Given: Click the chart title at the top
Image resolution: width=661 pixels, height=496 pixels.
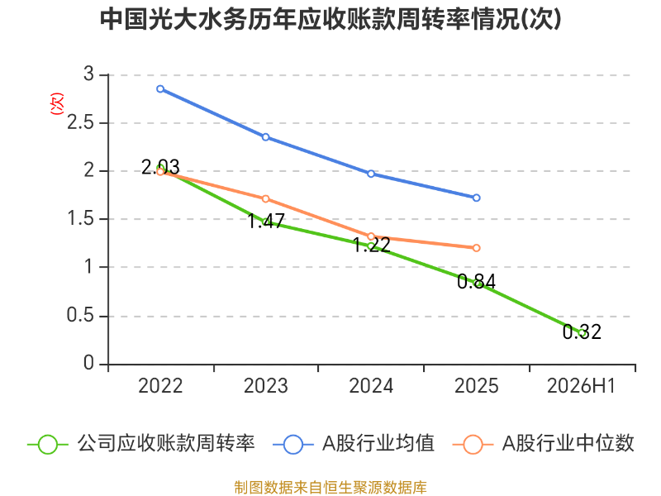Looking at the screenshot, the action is click(x=331, y=19).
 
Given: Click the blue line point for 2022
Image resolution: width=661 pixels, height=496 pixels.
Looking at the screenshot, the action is click(x=160, y=89).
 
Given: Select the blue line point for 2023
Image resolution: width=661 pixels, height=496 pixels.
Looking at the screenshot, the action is click(x=265, y=137).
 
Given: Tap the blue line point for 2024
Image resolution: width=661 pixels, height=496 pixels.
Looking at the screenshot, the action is click(x=371, y=174).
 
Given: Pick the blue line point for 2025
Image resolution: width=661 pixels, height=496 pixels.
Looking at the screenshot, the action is click(x=477, y=198).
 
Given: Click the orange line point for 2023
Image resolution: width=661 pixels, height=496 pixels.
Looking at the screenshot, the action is click(x=265, y=198).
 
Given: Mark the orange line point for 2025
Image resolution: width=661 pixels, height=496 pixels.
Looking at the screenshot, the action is click(x=477, y=248).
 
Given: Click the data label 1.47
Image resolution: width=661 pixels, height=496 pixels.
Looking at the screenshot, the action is click(x=266, y=221).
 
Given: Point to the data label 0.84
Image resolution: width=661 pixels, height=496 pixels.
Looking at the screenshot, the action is click(x=477, y=281).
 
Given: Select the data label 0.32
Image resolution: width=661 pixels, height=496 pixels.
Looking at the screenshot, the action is click(x=582, y=332).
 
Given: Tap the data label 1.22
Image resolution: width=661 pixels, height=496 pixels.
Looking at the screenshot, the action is click(x=371, y=245).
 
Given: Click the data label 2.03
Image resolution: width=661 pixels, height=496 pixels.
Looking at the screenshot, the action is click(x=160, y=167).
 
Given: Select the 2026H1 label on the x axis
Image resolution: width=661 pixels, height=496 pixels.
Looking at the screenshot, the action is click(x=582, y=385).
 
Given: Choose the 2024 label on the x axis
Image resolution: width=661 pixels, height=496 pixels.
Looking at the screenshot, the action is click(x=371, y=385).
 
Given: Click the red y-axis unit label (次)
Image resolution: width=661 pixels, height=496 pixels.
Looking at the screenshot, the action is click(x=56, y=103).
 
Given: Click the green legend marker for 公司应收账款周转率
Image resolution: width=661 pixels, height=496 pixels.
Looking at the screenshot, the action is click(x=48, y=445).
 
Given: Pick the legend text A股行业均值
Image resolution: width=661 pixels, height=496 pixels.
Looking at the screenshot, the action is click(x=378, y=444).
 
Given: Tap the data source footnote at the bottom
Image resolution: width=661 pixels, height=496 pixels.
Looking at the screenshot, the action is click(x=330, y=488).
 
